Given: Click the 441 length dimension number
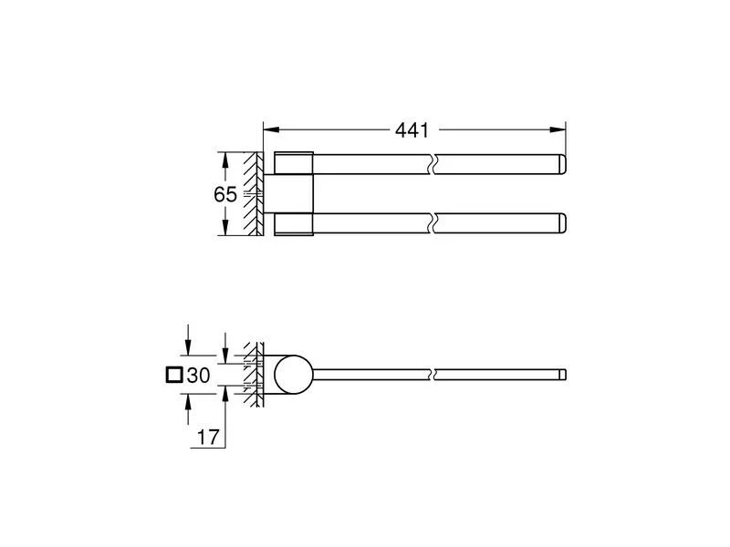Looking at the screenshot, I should click(x=412, y=130).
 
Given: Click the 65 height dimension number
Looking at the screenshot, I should click(x=225, y=194).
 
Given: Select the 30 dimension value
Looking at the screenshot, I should click(x=199, y=375).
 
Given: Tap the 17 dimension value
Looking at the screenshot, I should click(x=208, y=437).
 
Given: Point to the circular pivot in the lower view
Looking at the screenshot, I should click(x=292, y=374).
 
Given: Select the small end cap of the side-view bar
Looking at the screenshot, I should click(x=564, y=374).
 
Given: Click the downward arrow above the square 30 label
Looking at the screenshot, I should click(x=187, y=347).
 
